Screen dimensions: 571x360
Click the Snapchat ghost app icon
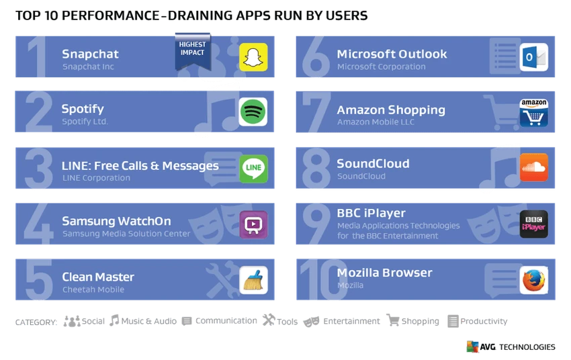tap(253, 57)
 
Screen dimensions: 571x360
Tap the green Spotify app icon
tap(253, 111)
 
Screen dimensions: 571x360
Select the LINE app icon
tap(253, 169)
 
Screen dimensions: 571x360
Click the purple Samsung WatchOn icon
tap(253, 224)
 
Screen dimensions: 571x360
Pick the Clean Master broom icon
tap(253, 280)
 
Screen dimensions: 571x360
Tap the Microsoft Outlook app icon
tap(534, 57)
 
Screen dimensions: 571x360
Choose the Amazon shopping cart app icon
tap(534, 113)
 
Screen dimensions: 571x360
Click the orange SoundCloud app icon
tap(534, 167)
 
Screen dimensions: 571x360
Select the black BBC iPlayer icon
tap(534, 224)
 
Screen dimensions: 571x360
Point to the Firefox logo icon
tap(534, 280)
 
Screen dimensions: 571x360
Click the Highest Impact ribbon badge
tap(193, 51)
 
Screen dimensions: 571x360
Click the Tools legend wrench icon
tap(269, 320)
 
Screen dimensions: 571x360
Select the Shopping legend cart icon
tap(393, 320)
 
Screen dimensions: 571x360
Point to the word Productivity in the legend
tap(484, 321)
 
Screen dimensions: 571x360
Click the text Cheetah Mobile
tap(93, 289)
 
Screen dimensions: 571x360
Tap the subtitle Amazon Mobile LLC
tap(376, 122)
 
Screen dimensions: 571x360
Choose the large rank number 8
tap(316, 168)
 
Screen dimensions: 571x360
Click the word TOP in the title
tap(28, 15)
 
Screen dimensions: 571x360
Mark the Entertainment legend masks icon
tap(311, 322)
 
